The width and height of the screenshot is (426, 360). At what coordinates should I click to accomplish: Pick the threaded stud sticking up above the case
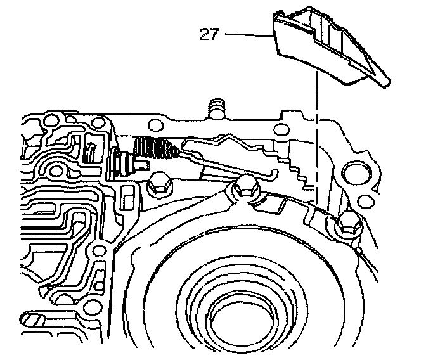click(x=217, y=106)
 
